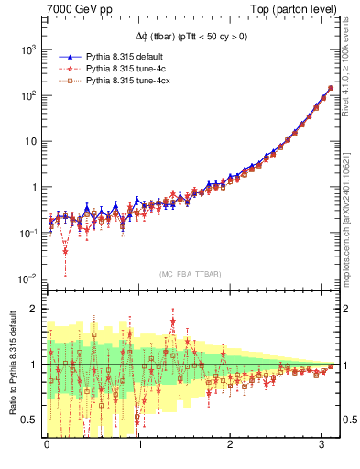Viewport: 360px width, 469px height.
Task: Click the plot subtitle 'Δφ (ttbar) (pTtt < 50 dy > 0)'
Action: [191, 36]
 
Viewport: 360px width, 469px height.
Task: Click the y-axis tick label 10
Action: [29, 141]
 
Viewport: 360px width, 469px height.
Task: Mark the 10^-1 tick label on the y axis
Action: [27, 233]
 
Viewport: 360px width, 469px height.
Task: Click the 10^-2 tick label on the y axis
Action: [27, 278]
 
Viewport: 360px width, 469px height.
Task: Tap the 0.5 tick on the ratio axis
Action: [30, 420]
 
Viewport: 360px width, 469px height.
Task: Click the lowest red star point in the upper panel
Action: [66, 250]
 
